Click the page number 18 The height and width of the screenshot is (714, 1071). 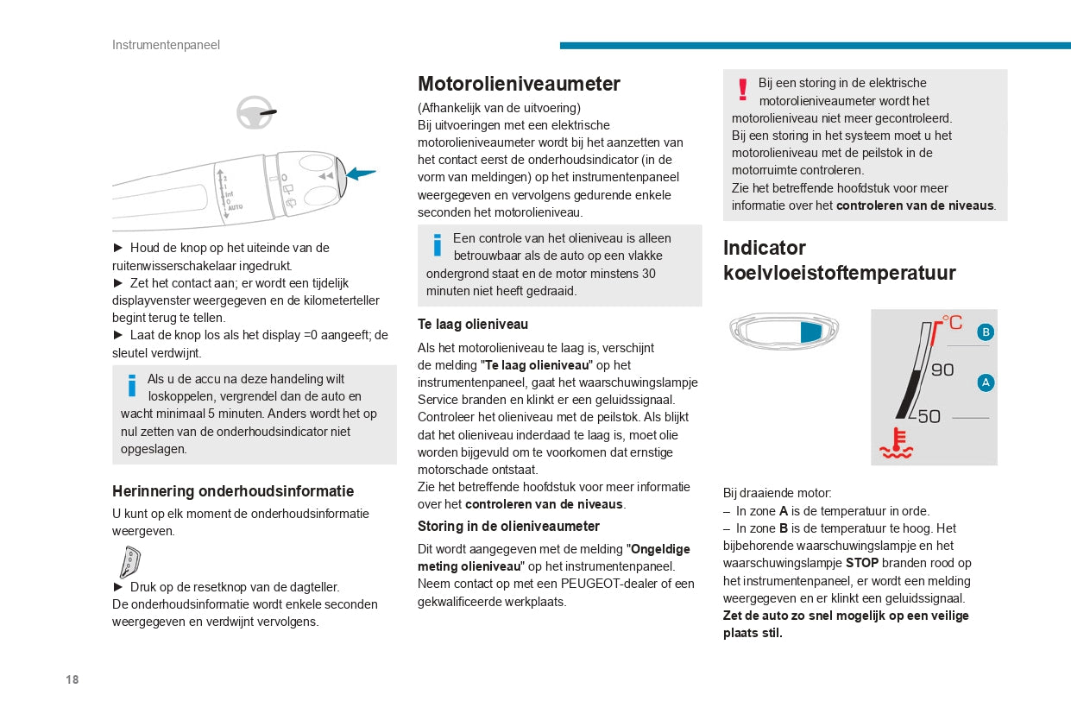click(x=72, y=679)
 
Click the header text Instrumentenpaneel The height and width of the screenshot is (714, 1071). click(x=166, y=45)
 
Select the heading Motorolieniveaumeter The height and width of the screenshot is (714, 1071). click(x=519, y=84)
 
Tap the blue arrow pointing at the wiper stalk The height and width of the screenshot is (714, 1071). click(x=361, y=174)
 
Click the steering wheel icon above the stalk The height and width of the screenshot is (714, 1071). click(x=255, y=113)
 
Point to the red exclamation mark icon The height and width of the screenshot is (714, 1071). click(x=742, y=89)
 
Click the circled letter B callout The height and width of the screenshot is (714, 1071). click(x=986, y=332)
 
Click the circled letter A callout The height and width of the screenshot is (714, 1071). click(x=986, y=382)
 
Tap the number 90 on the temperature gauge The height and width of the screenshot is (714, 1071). click(x=942, y=370)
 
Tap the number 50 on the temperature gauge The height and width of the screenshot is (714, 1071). click(x=928, y=417)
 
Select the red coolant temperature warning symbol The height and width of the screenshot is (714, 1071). click(x=895, y=442)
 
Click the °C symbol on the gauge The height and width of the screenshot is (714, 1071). click(x=952, y=322)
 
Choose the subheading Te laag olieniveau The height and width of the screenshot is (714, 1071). click(x=473, y=325)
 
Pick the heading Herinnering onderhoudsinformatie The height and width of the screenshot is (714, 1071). click(x=233, y=491)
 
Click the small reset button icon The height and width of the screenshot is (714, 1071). click(x=129, y=562)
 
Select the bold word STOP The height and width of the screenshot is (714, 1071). click(x=861, y=563)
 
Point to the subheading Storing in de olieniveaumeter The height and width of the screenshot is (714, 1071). click(x=508, y=526)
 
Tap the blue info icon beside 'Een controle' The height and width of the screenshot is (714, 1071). click(x=437, y=244)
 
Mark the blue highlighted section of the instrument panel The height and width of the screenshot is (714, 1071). click(x=810, y=332)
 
